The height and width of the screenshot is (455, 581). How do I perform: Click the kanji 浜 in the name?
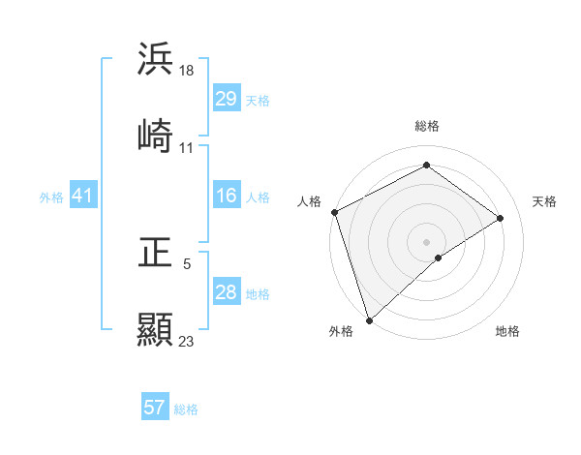tap(155, 60)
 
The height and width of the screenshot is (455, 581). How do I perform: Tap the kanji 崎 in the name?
tap(155, 136)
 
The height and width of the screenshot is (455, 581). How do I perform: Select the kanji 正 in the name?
tap(155, 254)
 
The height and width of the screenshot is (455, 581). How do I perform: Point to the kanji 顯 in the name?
tap(155, 329)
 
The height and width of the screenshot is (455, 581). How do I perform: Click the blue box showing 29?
tap(226, 99)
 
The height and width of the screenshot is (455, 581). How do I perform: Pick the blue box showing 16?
tap(226, 197)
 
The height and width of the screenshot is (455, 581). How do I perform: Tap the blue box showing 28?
tap(226, 292)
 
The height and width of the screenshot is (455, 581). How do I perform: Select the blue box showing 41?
tap(82, 197)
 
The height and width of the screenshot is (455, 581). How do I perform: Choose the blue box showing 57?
tap(155, 408)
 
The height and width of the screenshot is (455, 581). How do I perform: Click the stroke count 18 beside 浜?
tap(188, 71)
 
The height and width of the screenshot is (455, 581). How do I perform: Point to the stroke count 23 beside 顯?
tap(187, 341)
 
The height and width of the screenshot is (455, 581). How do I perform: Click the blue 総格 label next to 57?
tap(186, 409)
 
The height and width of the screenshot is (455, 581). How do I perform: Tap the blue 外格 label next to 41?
tap(51, 197)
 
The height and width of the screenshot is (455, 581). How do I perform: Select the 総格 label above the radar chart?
tap(427, 126)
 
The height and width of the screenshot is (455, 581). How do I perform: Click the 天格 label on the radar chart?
tap(544, 201)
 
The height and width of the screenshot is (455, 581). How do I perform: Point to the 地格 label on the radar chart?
tap(507, 331)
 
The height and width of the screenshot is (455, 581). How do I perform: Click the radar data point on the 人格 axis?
tap(334, 212)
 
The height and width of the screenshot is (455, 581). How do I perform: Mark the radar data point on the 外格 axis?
tap(369, 319)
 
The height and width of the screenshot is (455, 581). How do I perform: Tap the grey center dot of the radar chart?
tap(427, 241)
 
